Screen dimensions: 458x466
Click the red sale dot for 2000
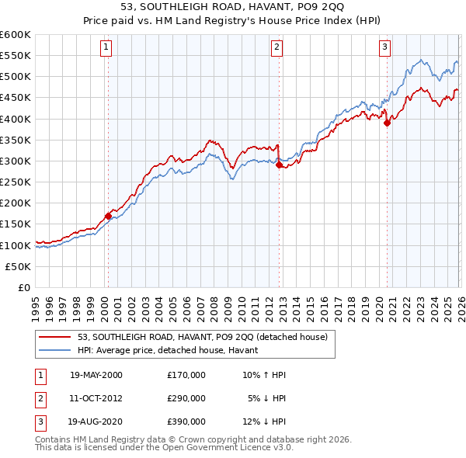tap(108, 216)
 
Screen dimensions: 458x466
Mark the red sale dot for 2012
tap(279, 165)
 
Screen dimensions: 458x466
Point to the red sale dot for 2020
tap(387, 123)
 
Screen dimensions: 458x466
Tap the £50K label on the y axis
tap(19, 266)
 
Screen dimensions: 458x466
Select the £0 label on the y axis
tap(23, 287)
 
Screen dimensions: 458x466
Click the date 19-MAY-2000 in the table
tap(96, 375)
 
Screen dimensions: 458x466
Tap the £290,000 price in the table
tap(186, 398)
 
